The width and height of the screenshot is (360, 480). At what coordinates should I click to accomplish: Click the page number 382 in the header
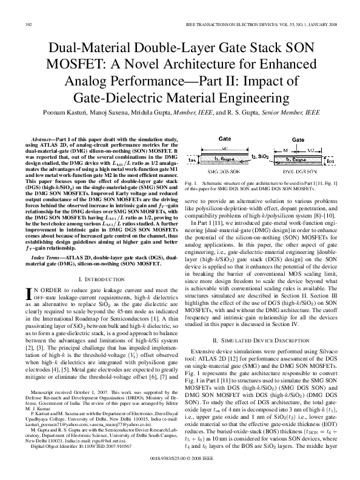(28, 24)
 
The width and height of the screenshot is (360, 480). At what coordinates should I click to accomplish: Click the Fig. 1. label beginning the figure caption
(192, 182)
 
